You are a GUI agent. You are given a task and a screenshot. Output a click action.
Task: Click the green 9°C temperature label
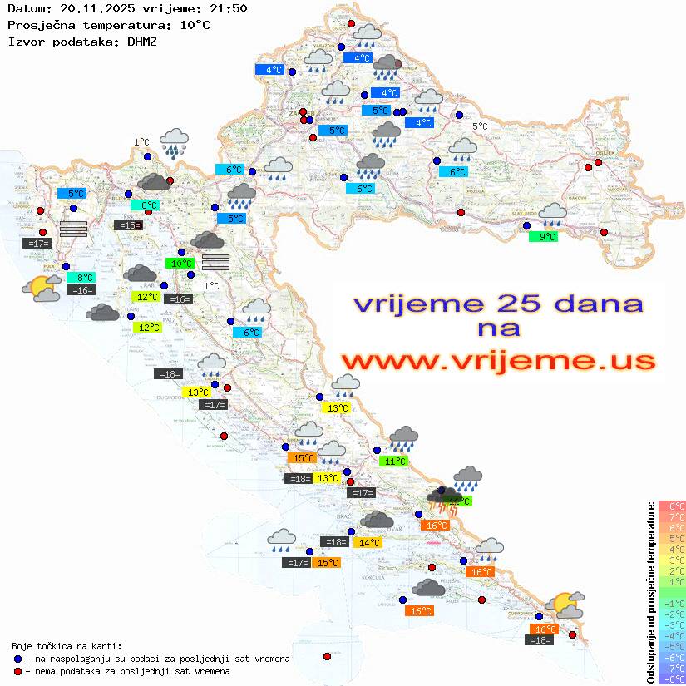(542, 237)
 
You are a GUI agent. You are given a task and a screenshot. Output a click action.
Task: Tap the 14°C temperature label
(367, 543)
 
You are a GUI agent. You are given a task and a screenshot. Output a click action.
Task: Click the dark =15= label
(127, 225)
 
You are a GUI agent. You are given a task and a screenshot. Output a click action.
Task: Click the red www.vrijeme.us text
(498, 361)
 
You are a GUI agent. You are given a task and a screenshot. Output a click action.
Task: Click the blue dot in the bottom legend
(17, 659)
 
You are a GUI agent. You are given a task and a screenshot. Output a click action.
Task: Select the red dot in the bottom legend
(17, 671)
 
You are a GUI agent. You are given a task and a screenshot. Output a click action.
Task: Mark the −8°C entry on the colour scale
(671, 679)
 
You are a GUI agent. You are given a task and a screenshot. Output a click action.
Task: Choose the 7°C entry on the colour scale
(671, 517)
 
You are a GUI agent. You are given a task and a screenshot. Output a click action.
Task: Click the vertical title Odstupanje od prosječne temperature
(650, 592)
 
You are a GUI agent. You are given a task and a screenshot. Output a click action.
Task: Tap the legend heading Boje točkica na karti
(67, 646)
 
